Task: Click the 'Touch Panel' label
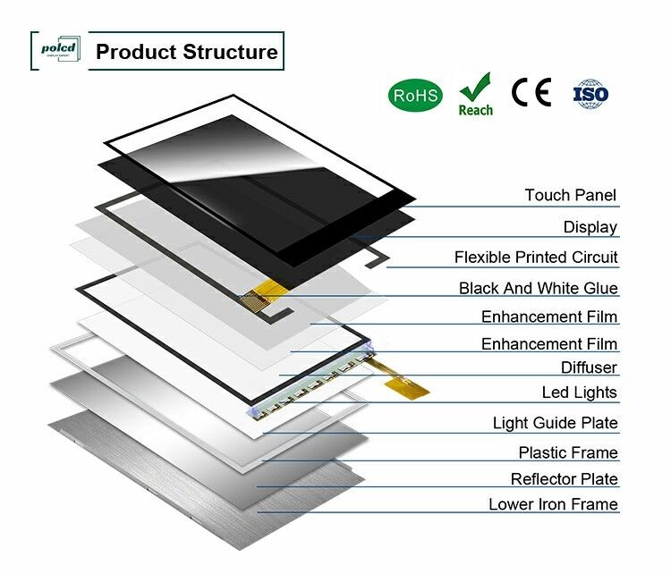[x=570, y=195]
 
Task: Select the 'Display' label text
[x=590, y=227]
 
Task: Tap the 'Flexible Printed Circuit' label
[x=536, y=257]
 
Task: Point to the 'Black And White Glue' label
[x=538, y=288]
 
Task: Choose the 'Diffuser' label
[x=589, y=367]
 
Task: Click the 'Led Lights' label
[x=579, y=393]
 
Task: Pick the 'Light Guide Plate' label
[x=555, y=423]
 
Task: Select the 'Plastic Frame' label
[x=567, y=453]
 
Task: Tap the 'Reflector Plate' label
[x=564, y=479]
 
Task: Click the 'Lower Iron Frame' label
[x=553, y=504]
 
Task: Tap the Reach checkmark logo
[x=475, y=95]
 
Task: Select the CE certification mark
[x=531, y=93]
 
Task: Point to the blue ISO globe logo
[x=590, y=94]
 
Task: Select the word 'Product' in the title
[x=136, y=51]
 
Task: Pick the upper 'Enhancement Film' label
[x=549, y=317]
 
